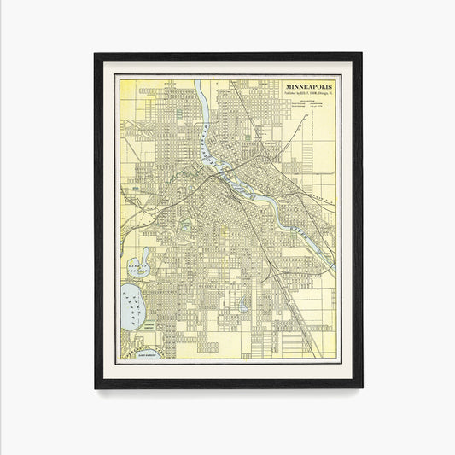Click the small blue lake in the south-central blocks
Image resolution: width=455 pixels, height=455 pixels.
(x=243, y=305)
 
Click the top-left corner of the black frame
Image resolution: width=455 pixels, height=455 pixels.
(x=96, y=55)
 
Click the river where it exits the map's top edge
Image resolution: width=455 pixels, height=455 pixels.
(x=198, y=82)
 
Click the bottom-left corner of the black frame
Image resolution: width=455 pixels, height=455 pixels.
(x=96, y=388)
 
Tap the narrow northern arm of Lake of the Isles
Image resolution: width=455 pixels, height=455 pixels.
(x=146, y=254)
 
